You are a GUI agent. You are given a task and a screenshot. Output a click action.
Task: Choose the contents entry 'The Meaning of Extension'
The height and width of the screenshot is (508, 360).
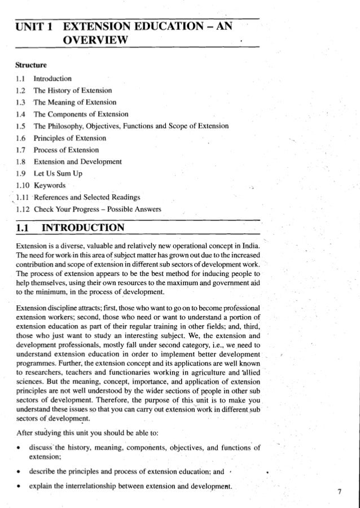[x=74, y=102]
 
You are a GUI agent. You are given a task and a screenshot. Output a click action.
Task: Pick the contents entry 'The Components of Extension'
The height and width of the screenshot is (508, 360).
[x=81, y=114]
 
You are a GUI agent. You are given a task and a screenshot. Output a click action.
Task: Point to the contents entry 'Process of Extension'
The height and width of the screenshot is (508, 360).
[x=66, y=150]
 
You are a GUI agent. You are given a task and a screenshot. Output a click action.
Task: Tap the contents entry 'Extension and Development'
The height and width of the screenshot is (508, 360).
[x=77, y=162]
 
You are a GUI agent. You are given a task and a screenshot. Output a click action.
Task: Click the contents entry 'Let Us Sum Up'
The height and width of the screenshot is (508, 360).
[x=58, y=174]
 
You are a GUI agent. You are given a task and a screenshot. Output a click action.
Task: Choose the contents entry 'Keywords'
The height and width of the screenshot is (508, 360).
[x=50, y=186]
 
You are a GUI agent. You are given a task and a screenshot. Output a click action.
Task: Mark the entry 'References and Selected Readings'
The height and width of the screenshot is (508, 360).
[x=87, y=198]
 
